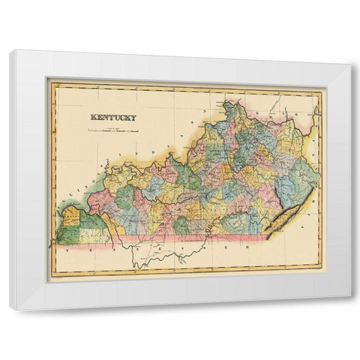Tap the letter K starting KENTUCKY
pyautogui.click(x=92, y=117)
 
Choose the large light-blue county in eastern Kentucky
pyautogui.click(x=291, y=184)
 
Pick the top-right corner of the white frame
pyautogui.click(x=350, y=64)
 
